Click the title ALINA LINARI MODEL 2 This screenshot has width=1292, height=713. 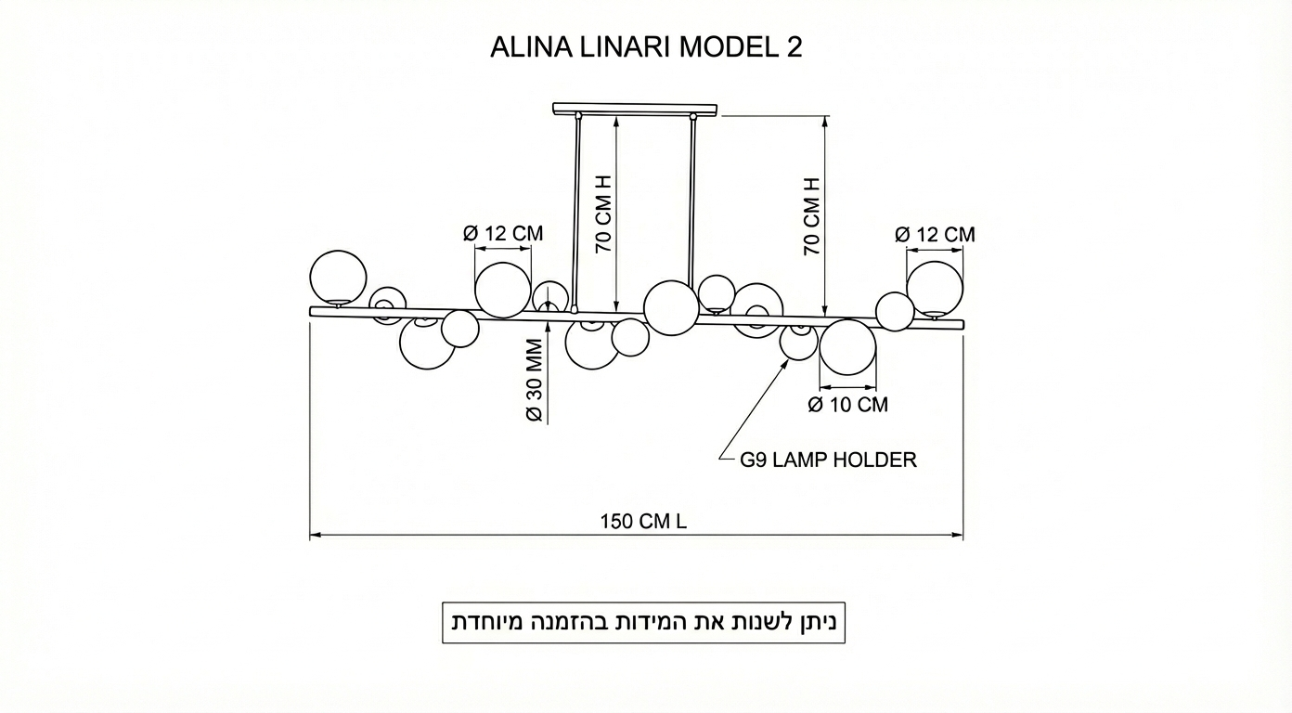[646, 47]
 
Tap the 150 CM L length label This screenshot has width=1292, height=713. [644, 522]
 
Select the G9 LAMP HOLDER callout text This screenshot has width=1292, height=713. [828, 460]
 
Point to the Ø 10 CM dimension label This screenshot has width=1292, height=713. [848, 405]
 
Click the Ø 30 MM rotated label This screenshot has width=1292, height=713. [535, 380]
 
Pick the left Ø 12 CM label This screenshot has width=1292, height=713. [503, 234]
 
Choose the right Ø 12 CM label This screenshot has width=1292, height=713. [935, 234]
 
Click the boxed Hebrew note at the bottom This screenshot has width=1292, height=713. [644, 622]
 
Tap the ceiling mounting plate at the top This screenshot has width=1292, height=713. [635, 109]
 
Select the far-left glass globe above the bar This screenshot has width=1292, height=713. [338, 278]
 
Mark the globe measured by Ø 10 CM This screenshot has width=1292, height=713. [848, 347]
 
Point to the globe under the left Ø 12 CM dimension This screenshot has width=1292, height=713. [503, 291]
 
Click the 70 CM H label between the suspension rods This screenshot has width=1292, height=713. [604, 214]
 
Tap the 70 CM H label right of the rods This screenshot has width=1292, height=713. [811, 216]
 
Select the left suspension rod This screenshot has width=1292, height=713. [576, 213]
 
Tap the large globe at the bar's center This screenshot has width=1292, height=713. [671, 308]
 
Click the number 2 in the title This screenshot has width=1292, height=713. [795, 47]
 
